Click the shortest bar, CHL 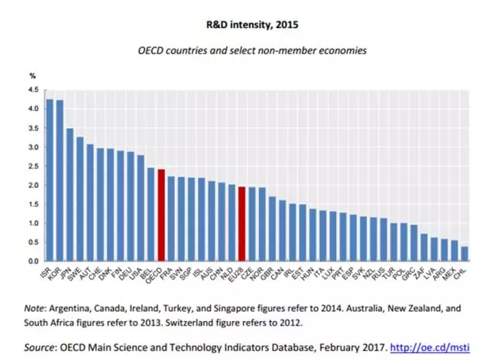coord(465,254)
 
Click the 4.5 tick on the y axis coord(33,90)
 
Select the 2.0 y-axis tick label coord(33,186)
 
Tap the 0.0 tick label coord(33,261)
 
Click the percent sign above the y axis coord(32,76)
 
